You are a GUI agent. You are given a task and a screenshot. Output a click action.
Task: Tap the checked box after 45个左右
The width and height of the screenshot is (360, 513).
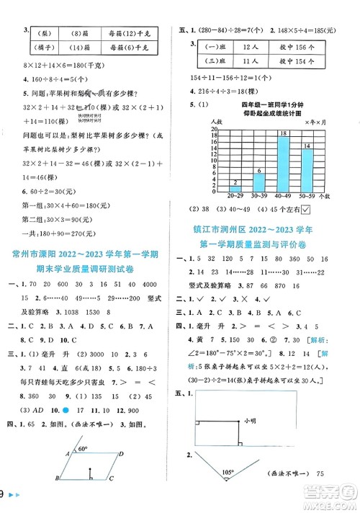tap(306, 210)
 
